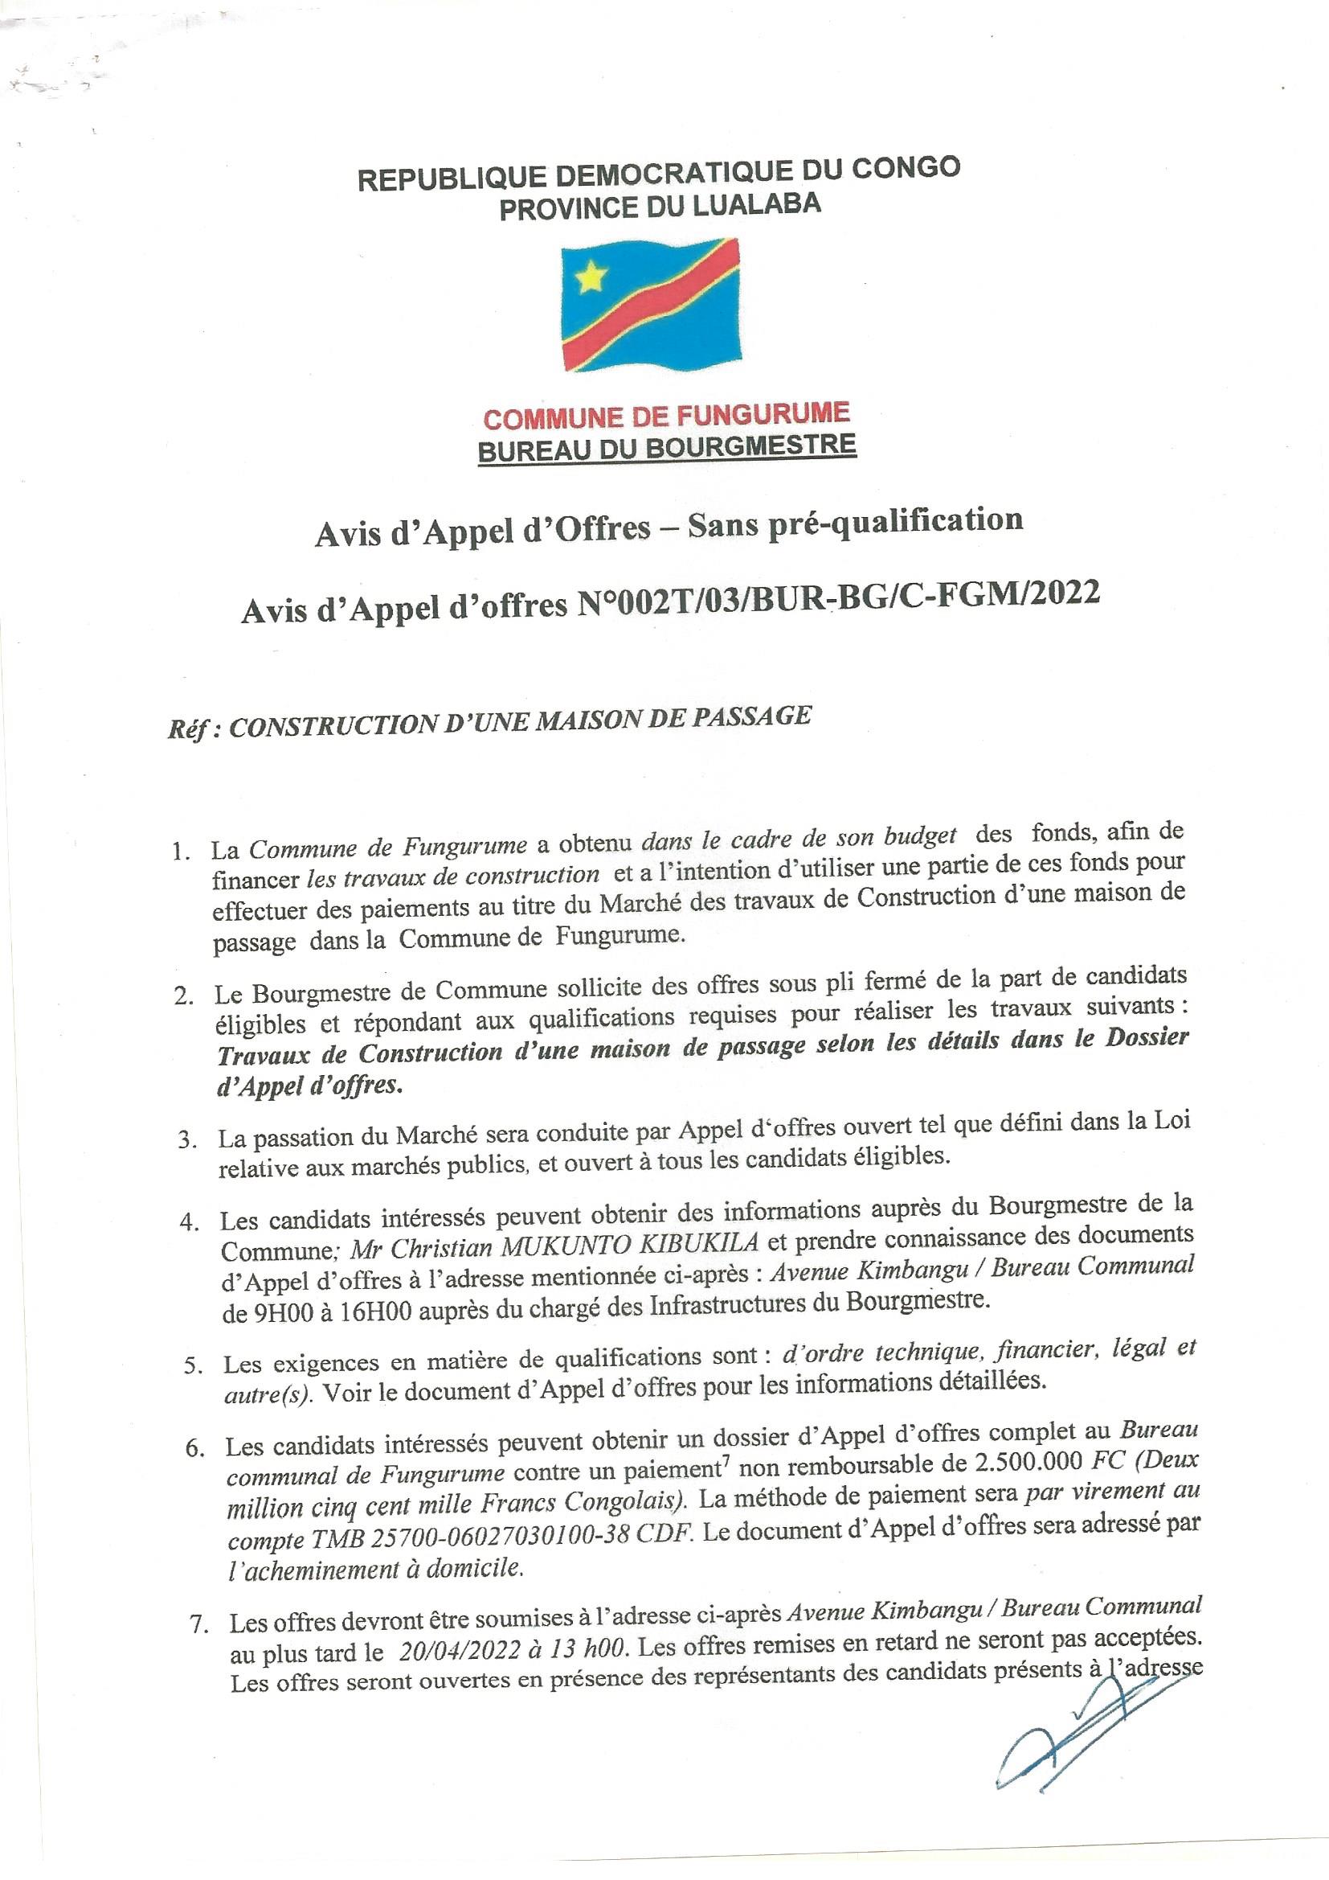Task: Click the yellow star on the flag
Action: (x=588, y=279)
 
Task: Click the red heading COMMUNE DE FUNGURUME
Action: (x=666, y=417)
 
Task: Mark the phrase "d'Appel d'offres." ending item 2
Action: (x=309, y=1086)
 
